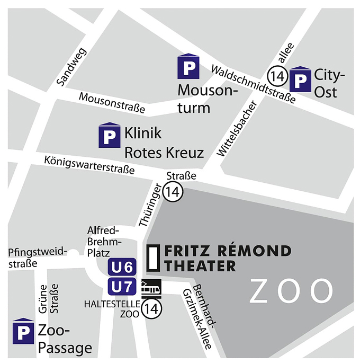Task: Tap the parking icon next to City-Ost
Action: (x=301, y=79)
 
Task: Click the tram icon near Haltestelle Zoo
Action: (x=151, y=287)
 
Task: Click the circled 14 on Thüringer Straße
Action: (x=172, y=191)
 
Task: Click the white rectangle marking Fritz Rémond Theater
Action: (x=153, y=258)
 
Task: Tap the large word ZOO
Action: (x=292, y=291)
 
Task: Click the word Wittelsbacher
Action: (x=236, y=129)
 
